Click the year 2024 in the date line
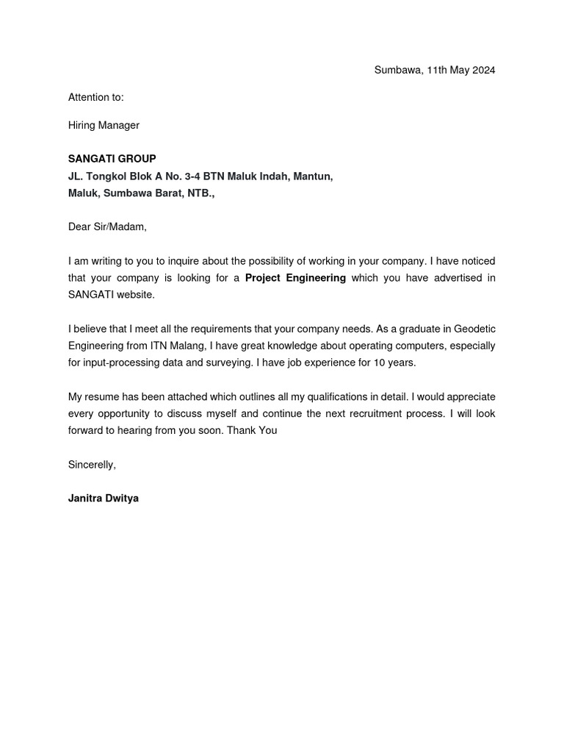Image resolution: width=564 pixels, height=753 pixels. click(482, 71)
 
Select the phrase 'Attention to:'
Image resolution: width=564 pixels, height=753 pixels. click(96, 97)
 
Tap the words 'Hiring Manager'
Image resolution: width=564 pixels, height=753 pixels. click(104, 126)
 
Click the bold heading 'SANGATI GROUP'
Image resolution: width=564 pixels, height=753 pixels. click(112, 159)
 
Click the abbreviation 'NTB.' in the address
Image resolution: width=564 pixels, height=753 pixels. click(200, 193)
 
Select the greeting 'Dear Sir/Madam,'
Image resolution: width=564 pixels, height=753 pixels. click(107, 226)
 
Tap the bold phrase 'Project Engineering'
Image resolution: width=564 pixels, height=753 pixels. click(295, 278)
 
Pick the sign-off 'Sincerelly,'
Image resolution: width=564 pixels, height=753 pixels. click(92, 465)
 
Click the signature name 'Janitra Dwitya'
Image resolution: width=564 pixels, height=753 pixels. click(103, 499)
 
